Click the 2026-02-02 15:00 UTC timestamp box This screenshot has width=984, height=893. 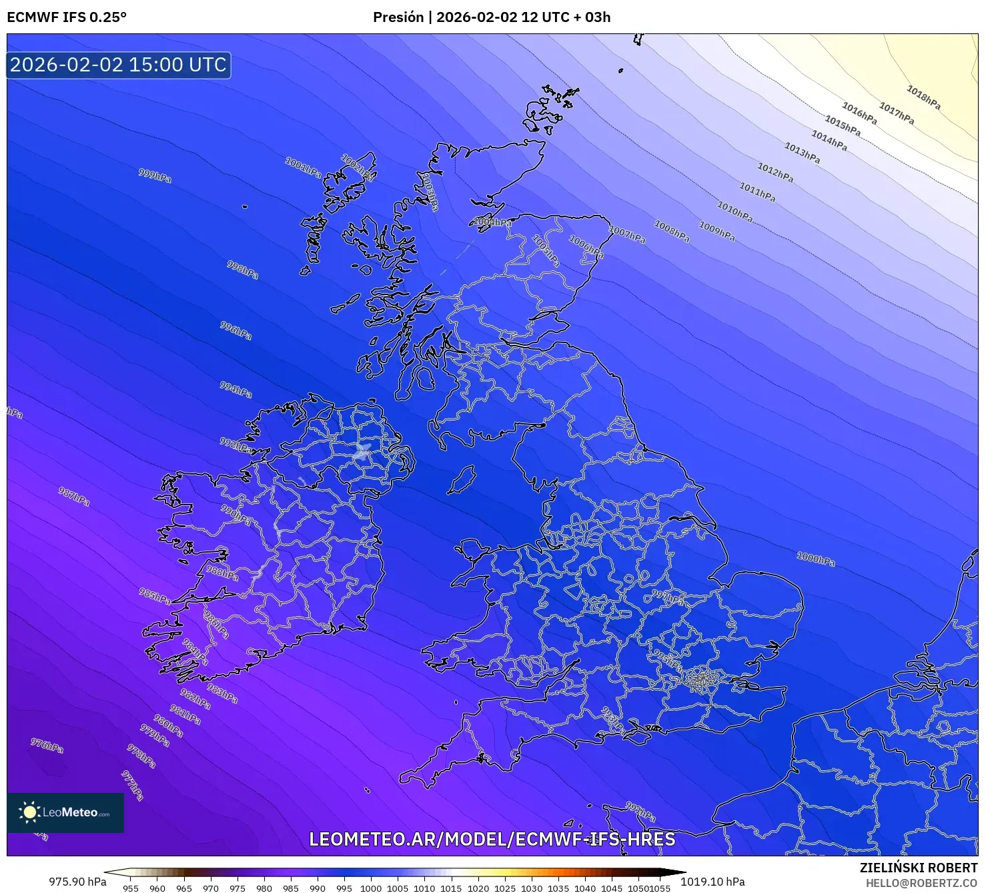(119, 65)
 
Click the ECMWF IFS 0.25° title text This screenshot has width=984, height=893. (67, 17)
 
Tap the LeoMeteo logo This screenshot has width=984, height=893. (65, 812)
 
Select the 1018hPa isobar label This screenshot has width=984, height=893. (923, 97)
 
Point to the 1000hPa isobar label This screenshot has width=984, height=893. (815, 559)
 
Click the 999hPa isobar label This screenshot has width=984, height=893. (155, 176)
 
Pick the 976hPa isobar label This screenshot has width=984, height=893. (47, 746)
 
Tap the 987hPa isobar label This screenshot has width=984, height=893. (73, 496)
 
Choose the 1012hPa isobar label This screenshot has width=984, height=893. (775, 172)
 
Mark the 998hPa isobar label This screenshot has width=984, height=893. (242, 270)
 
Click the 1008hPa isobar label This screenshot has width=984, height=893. (672, 231)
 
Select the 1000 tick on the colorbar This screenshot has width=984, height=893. (371, 888)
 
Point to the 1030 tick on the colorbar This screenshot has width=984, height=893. (532, 888)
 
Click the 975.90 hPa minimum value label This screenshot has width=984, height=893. (77, 882)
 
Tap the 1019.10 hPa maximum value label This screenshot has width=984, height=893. (712, 882)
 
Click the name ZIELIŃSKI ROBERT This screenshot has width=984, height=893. (918, 868)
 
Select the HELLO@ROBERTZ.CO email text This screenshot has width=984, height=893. (921, 883)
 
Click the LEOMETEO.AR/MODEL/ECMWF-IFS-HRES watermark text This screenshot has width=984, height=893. (492, 839)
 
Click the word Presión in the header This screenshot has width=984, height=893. (398, 17)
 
